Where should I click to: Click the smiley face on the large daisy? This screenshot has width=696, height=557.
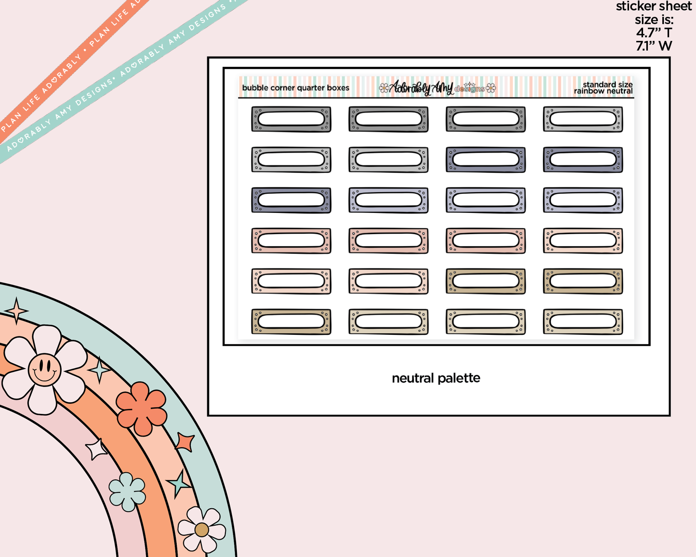point(45,370)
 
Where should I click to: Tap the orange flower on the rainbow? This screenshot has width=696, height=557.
point(142,409)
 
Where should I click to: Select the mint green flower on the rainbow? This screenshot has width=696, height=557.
point(127,491)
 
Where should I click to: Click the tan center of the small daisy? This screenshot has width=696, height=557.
point(202,530)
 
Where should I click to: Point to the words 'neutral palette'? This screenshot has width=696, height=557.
point(436,378)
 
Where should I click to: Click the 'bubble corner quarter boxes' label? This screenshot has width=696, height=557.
point(296,88)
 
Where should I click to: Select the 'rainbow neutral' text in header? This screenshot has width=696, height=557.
point(603,91)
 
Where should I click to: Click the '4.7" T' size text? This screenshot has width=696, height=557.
point(654,33)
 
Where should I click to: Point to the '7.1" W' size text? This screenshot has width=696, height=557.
point(654,46)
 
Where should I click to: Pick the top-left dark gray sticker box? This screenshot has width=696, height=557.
point(291,119)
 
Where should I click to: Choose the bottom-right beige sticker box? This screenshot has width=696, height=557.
point(583,322)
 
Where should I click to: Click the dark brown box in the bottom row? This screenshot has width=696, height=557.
point(291,322)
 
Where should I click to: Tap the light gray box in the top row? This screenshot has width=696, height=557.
point(583,119)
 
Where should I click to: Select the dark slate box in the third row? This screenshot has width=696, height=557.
point(291,200)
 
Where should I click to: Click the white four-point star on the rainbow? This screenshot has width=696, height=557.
point(95,449)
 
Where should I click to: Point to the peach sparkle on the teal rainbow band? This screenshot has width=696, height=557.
point(16,311)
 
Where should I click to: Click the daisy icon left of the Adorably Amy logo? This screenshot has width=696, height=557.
point(384,88)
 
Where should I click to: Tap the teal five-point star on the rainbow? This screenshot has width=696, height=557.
point(179,483)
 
